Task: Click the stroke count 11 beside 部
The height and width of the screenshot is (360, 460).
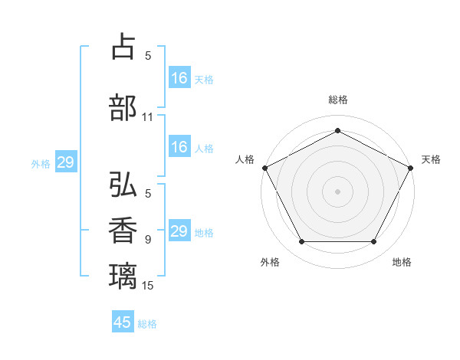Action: (148, 117)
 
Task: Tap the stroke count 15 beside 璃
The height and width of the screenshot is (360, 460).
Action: (148, 286)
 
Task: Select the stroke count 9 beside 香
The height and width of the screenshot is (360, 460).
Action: (148, 240)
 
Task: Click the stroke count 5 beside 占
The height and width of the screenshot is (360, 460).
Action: (148, 55)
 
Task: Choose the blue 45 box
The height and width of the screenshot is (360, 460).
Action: (123, 322)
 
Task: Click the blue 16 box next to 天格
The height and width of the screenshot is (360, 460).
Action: (179, 77)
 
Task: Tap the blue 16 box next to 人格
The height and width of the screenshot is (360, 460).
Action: (179, 147)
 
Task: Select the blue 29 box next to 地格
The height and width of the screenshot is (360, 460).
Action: (179, 231)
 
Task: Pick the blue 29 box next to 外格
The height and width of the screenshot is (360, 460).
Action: (65, 162)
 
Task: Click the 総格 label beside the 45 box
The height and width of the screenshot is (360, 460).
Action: (147, 324)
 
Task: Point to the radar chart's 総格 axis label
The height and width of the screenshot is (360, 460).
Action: (338, 100)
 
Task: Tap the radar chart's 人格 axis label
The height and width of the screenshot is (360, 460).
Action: (245, 159)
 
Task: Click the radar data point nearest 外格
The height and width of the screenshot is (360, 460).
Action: (301, 242)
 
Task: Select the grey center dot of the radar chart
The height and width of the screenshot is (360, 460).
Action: (338, 191)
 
